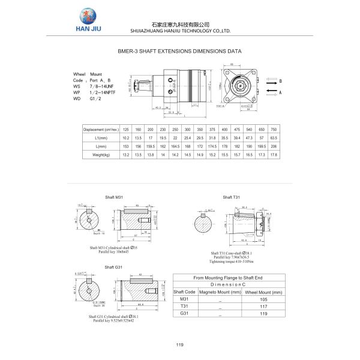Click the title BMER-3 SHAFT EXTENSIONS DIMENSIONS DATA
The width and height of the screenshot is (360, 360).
point(180,52)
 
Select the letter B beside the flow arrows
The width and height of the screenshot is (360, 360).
point(280,80)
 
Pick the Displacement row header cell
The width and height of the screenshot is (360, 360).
point(101,130)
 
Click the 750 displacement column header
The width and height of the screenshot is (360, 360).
point(274,130)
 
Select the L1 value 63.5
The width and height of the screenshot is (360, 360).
point(274,138)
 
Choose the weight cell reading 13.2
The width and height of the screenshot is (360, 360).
point(126,155)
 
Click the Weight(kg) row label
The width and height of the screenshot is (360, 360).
point(101,155)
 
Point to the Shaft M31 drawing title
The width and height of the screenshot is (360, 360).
point(114,197)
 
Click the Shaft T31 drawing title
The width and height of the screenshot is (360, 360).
point(231,197)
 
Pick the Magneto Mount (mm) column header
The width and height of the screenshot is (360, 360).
point(220,292)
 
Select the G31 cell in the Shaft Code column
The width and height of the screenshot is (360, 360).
point(184,313)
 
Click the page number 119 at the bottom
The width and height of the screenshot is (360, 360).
point(179,344)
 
